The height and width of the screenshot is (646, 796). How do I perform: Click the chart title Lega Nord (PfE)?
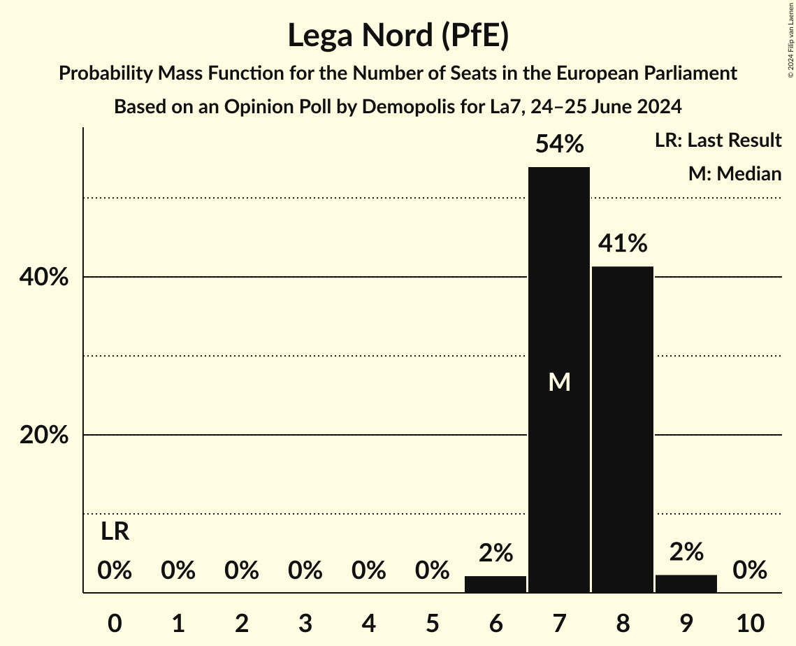coord(398,36)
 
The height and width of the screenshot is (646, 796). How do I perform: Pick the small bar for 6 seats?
coord(495,584)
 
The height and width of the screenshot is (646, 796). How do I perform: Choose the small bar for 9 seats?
coord(686,584)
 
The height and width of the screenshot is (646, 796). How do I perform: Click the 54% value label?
coord(559,145)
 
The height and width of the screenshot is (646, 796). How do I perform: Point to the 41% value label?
coord(623,244)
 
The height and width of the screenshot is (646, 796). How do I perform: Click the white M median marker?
coord(559,382)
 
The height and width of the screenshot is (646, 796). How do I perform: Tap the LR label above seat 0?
coord(115,532)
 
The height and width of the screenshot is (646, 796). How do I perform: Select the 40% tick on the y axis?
coord(44,278)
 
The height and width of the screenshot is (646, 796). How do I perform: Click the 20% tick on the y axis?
coord(44,436)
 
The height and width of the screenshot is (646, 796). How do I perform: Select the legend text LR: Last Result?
coord(718,141)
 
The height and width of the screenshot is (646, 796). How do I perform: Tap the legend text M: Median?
coord(735,173)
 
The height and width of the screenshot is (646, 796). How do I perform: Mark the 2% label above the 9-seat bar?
coord(686,553)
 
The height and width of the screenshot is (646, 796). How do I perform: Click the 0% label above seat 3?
coord(305,571)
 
